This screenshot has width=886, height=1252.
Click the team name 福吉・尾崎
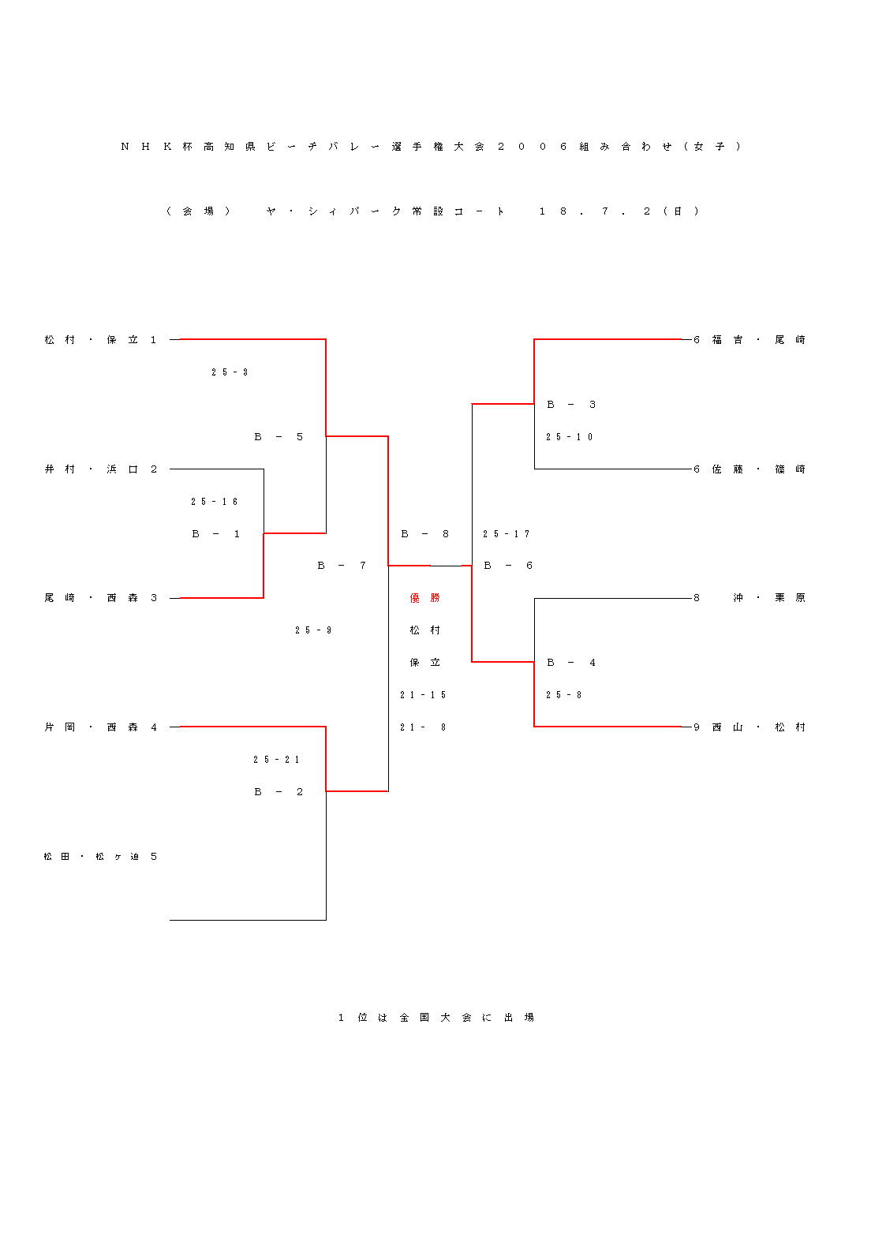click(750, 340)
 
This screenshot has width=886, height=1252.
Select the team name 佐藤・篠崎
click(750, 469)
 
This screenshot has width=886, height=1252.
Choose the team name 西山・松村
click(750, 727)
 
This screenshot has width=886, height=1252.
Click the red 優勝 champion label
click(424, 598)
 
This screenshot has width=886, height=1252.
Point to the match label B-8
click(424, 534)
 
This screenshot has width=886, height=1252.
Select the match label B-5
click(279, 437)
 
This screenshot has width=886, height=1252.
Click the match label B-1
click(215, 534)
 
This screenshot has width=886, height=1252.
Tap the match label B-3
click(571, 405)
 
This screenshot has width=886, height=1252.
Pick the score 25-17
click(507, 534)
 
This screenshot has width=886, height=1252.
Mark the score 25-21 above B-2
click(277, 760)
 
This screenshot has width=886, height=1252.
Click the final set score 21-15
click(423, 695)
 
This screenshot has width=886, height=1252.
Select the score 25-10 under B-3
click(570, 437)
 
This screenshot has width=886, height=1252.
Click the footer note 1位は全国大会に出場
click(436, 1018)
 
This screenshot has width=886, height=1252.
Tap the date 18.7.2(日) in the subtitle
click(619, 211)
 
